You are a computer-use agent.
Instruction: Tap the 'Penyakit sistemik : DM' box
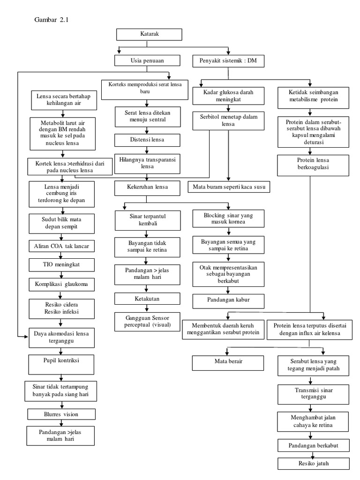click(x=228, y=60)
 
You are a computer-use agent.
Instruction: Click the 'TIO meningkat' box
click(x=61, y=265)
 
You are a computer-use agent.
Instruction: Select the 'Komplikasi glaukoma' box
click(x=61, y=284)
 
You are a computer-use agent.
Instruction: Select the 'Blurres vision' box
click(x=61, y=414)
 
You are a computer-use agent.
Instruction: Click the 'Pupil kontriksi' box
click(x=61, y=363)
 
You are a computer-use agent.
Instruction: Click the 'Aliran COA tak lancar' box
click(x=61, y=246)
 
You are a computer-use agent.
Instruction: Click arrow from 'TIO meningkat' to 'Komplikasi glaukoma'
click(x=61, y=275)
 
